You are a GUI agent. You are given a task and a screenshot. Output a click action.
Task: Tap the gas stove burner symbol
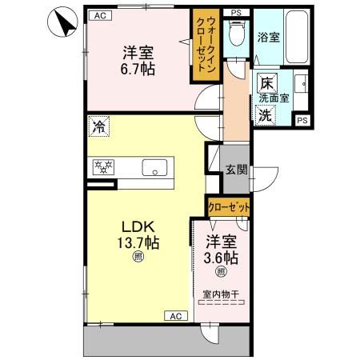tap(104, 167)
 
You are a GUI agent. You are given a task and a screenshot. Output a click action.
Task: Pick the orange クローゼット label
tap(229, 206)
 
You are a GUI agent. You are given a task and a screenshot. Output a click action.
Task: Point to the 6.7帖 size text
tap(138, 69)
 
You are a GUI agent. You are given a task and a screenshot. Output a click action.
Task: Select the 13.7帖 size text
tap(137, 243)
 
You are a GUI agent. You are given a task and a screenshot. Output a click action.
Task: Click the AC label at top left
tap(99, 15)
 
